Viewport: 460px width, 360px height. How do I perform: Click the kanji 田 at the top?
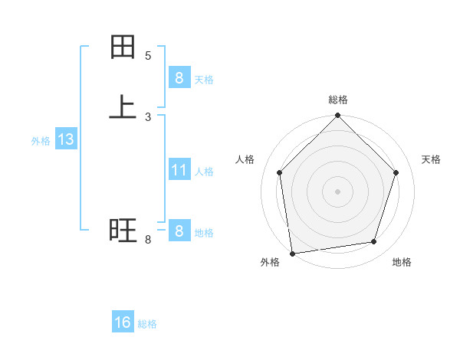pos(123,48)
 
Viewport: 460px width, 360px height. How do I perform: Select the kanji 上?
pos(123,106)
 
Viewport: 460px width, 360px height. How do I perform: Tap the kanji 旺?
pos(123,229)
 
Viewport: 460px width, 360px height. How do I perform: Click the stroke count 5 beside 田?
pos(148,56)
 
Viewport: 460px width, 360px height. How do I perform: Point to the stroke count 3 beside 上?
pos(148,117)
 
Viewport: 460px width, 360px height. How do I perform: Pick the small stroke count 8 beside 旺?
pos(148,241)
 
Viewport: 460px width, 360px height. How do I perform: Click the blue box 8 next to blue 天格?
pos(179,77)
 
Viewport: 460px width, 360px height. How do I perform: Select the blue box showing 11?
pos(179,169)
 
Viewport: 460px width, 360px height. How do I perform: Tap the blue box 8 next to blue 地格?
pos(179,231)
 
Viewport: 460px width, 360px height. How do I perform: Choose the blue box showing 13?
pos(65,139)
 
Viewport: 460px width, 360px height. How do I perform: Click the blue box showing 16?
pos(123,322)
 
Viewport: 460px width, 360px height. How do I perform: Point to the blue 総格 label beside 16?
pos(147,324)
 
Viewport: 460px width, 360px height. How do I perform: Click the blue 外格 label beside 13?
pos(41,141)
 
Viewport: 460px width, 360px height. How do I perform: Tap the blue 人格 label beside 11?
pos(204,172)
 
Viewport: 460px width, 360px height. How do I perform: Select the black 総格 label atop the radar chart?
pos(337,100)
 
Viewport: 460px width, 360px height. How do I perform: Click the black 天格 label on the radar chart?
pos(432,159)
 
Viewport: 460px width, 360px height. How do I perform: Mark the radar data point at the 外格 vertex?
pos(292,253)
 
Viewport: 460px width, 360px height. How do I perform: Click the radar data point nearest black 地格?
pos(374,241)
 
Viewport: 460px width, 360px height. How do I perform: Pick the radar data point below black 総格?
pos(337,116)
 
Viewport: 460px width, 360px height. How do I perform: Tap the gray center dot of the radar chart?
pos(337,191)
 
